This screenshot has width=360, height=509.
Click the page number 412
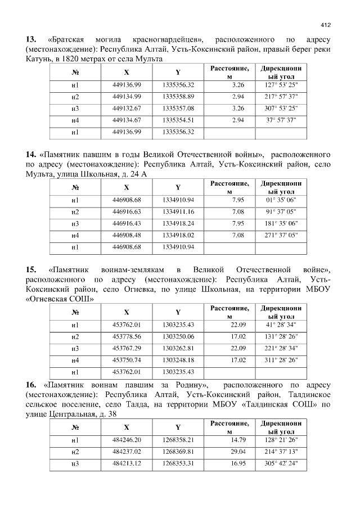pyautogui.click(x=325, y=25)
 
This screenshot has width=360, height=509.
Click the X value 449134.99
pyautogui.click(x=127, y=97)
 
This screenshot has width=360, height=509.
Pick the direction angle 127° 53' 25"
pyautogui.click(x=281, y=85)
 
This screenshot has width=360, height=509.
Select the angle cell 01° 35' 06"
pyautogui.click(x=281, y=200)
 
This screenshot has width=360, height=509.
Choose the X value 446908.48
pyautogui.click(x=127, y=235)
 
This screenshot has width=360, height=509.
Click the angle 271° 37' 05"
pyautogui.click(x=281, y=235)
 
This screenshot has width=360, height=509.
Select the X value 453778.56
pyautogui.click(x=127, y=336)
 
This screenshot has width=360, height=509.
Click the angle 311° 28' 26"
pyautogui.click(x=281, y=360)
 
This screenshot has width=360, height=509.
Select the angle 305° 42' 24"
pyautogui.click(x=281, y=463)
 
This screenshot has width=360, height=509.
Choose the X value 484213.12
pyautogui.click(x=127, y=463)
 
